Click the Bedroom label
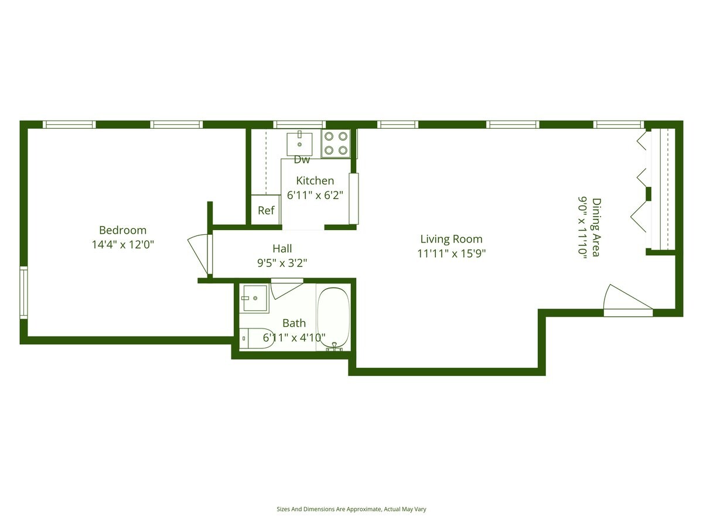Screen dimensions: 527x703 (122, 230)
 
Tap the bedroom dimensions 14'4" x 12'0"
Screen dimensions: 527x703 (122, 245)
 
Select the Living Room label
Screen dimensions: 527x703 (451, 239)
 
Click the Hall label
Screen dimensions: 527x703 (282, 249)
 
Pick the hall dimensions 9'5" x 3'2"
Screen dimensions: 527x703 (282, 263)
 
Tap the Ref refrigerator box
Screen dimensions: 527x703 (266, 210)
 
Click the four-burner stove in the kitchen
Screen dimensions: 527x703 (336, 143)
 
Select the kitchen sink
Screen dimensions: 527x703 (299, 142)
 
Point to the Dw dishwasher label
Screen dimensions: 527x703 (302, 160)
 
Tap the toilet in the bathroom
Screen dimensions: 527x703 (258, 338)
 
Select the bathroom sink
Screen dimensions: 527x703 (254, 299)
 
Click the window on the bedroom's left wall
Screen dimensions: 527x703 (23, 292)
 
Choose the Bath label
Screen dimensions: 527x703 (294, 323)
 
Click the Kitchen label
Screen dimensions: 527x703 (315, 180)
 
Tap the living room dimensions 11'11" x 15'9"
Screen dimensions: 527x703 (451, 254)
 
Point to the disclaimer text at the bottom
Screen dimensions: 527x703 (351, 509)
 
